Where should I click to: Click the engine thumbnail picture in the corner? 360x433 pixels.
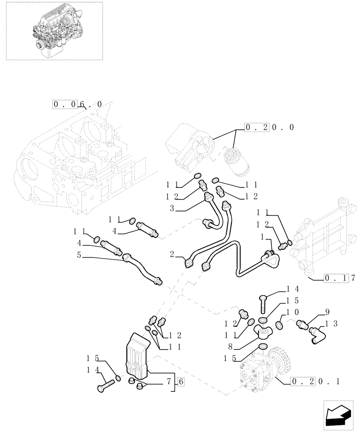(x=52, y=30)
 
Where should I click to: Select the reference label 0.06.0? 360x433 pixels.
(x=78, y=104)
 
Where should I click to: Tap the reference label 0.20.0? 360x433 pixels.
(x=269, y=127)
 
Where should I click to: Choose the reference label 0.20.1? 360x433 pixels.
(x=315, y=381)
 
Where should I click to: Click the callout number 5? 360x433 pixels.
(x=79, y=255)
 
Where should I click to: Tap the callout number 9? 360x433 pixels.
(x=327, y=311)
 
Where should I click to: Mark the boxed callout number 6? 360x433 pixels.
(x=181, y=382)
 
